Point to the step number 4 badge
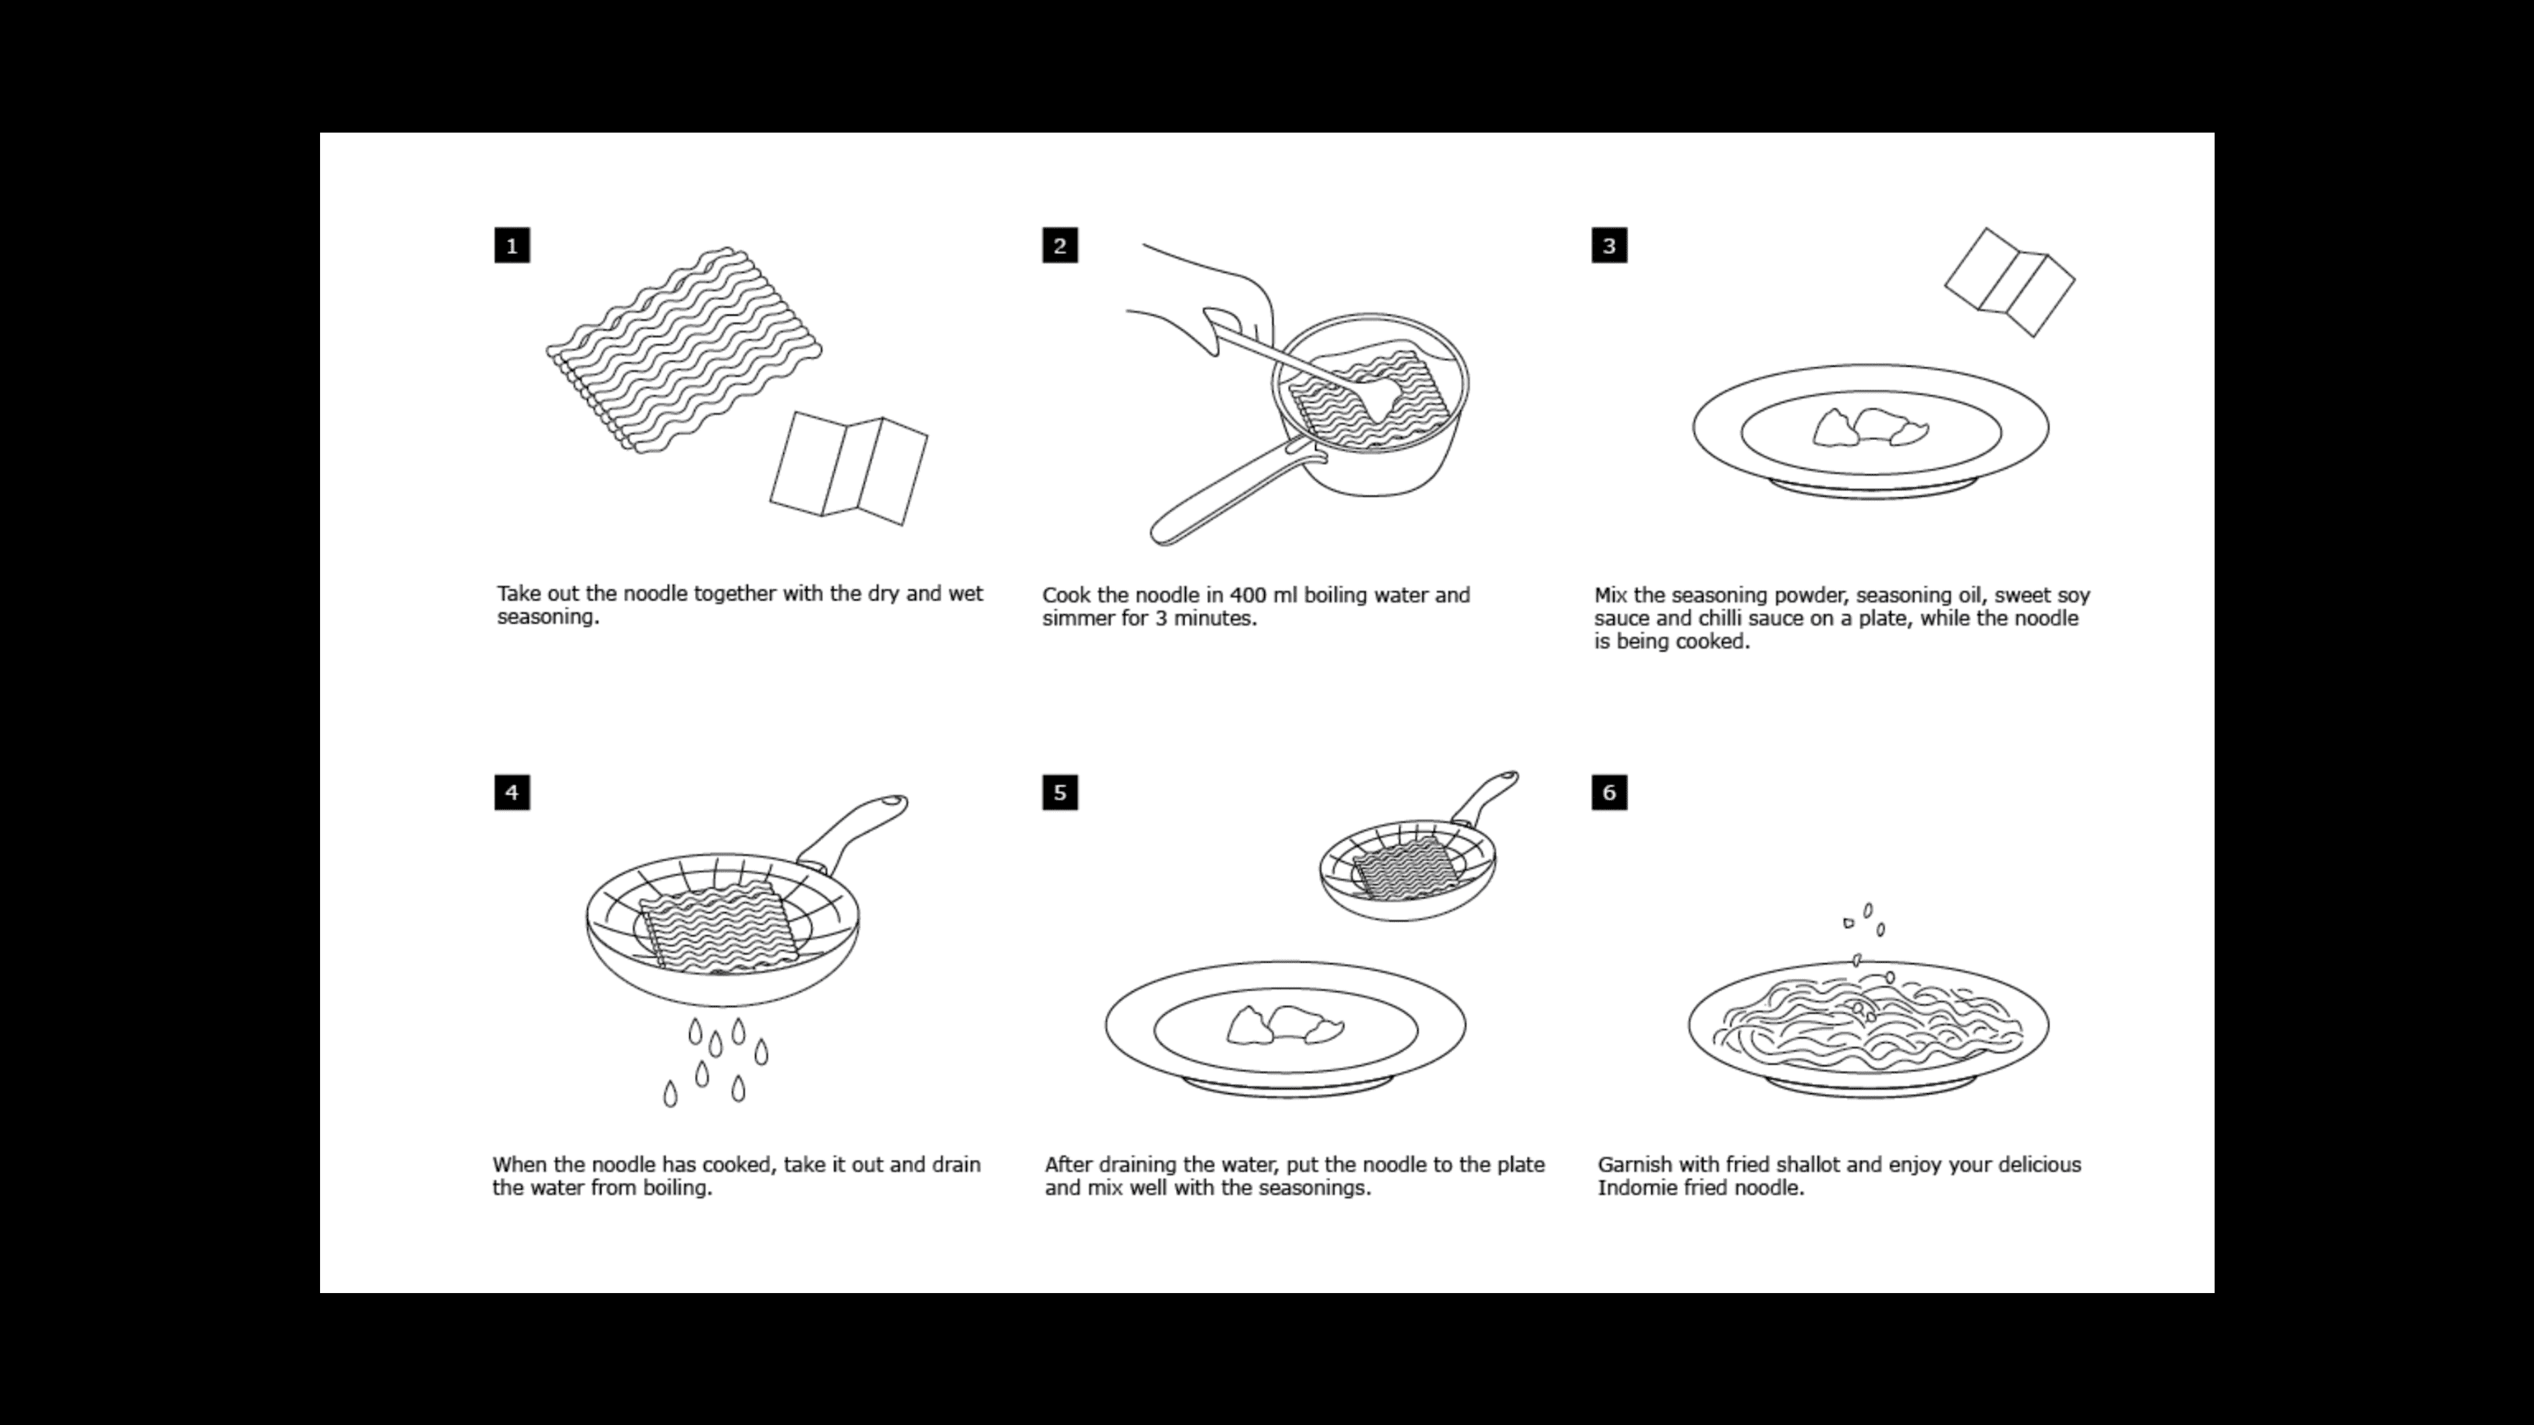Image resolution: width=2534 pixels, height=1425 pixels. click(x=511, y=792)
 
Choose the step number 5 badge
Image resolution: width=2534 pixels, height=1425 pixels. click(x=1059, y=792)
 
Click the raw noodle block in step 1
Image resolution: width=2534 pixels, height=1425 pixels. click(x=684, y=349)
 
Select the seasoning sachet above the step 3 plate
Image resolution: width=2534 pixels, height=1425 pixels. click(x=2009, y=282)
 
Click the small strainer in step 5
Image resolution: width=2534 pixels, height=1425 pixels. click(x=1407, y=870)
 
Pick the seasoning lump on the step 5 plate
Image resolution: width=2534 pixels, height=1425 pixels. click(x=1283, y=1026)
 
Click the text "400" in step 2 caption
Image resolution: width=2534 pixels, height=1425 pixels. click(x=1247, y=596)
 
